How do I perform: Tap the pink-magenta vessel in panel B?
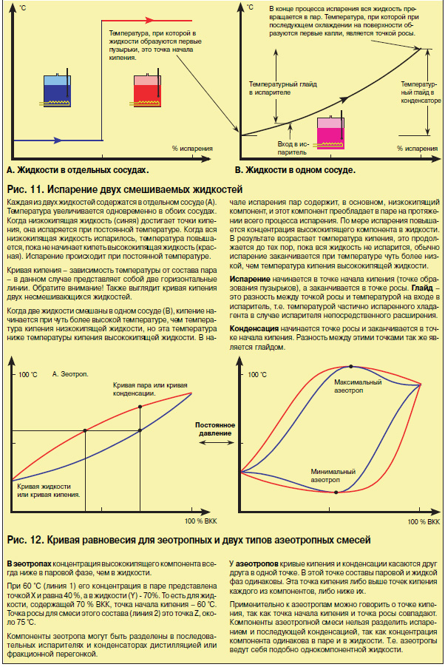click(330, 133)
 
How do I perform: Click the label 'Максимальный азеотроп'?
click(358, 387)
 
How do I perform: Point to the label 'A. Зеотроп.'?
click(70, 375)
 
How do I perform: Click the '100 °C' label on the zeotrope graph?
click(29, 375)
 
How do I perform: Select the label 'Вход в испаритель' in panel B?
click(292, 146)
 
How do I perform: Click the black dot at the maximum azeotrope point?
click(350, 367)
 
